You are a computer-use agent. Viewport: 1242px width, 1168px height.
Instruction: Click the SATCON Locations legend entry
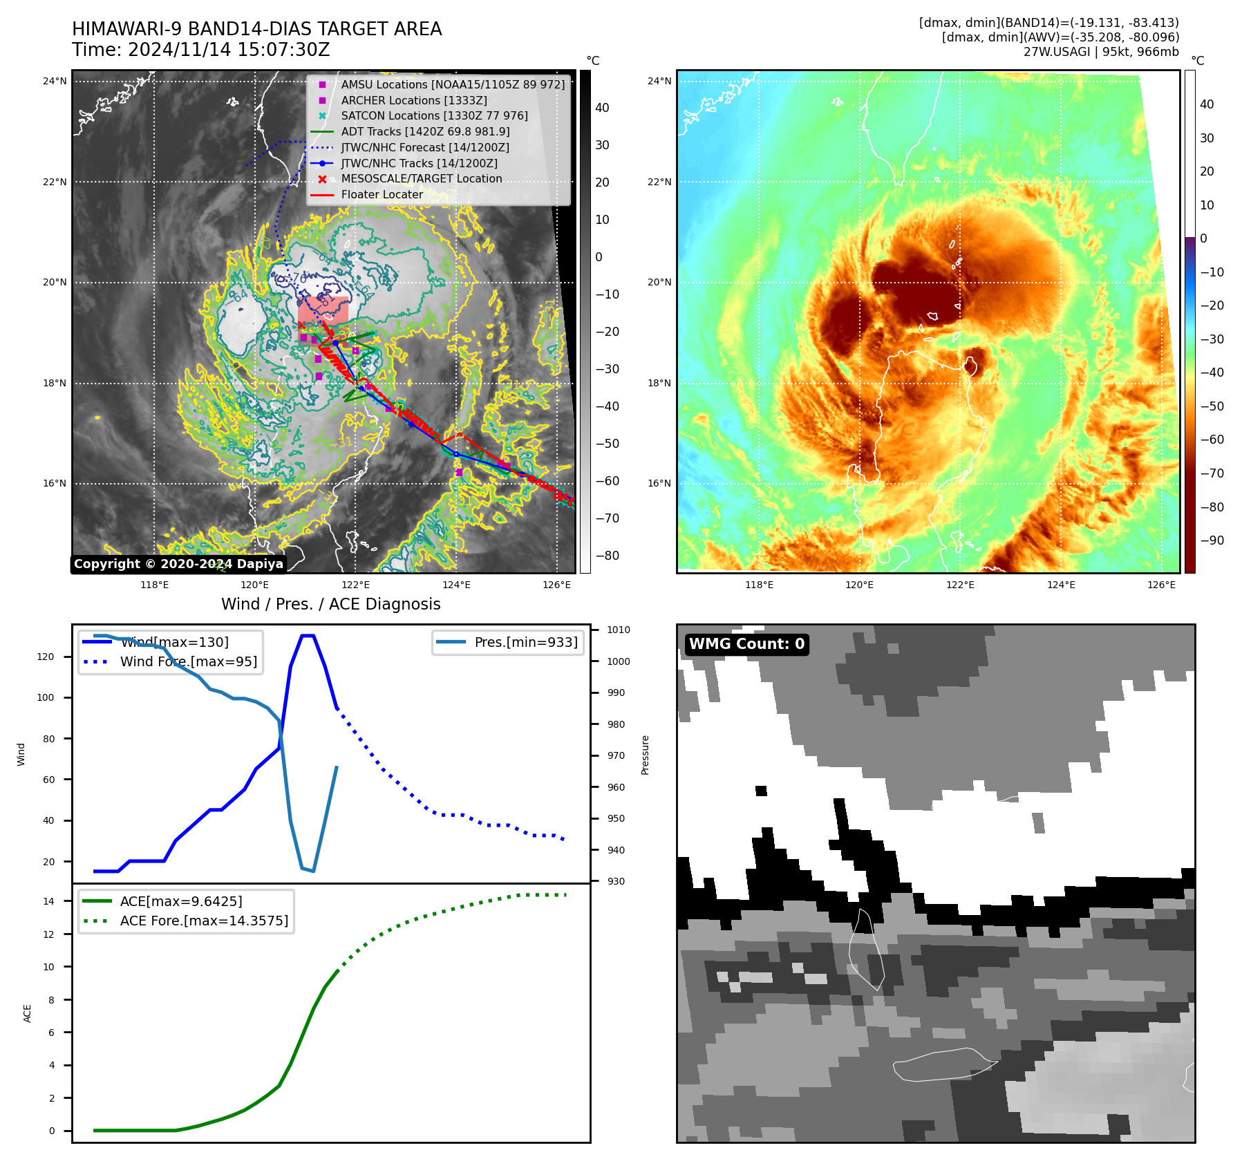click(434, 116)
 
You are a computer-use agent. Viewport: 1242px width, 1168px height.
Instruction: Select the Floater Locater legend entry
click(382, 195)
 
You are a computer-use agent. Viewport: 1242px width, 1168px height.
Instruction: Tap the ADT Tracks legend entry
click(425, 132)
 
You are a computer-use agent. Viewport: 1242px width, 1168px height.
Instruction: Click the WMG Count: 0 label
click(746, 644)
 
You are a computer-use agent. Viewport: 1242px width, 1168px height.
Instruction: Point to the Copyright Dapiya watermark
click(178, 564)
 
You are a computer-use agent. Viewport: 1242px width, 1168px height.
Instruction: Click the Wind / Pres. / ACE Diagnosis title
click(330, 604)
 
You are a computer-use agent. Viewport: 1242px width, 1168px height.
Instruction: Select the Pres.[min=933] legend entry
click(525, 642)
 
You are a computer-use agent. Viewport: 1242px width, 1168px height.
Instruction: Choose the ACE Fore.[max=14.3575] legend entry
click(204, 921)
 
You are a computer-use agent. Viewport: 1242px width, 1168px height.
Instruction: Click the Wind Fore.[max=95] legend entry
click(188, 661)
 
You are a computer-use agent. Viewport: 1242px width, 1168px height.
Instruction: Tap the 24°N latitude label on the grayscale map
click(55, 82)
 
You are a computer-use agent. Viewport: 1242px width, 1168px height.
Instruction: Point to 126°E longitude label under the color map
click(1161, 585)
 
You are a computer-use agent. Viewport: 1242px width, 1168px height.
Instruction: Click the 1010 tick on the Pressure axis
click(618, 630)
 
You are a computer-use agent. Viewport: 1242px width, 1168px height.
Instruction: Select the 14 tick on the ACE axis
click(49, 901)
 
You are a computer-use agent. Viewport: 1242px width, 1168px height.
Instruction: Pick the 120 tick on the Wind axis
click(46, 657)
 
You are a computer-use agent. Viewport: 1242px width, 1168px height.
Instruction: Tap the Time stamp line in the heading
click(200, 50)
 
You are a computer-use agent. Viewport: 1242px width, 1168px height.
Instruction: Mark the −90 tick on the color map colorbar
click(1212, 540)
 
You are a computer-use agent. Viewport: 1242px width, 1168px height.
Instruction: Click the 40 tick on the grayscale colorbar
click(602, 108)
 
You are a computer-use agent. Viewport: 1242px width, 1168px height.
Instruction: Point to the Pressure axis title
click(645, 755)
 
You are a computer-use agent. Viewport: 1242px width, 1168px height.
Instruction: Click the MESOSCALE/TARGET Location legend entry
click(422, 179)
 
